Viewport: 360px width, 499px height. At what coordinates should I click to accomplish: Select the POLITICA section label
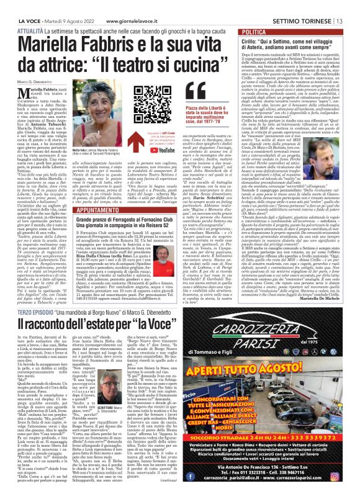[x=256, y=31]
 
